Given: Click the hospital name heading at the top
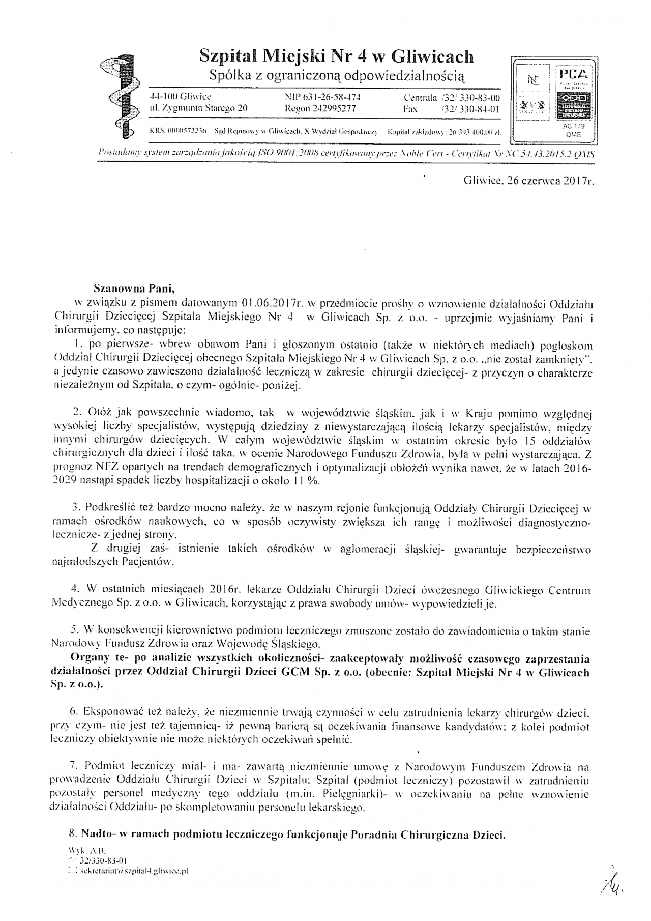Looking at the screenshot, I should pos(336,56).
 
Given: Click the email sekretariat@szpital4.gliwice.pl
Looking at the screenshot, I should pos(130,871).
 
